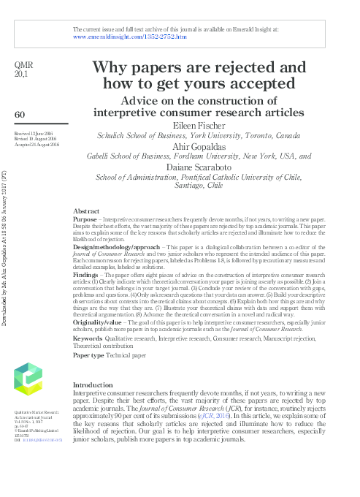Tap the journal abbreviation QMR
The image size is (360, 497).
pos(24,65)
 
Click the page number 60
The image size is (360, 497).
pos(20,114)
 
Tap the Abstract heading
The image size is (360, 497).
pos(86,210)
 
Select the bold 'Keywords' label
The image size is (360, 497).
pos(88,338)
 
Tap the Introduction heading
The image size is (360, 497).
pos(93,384)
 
